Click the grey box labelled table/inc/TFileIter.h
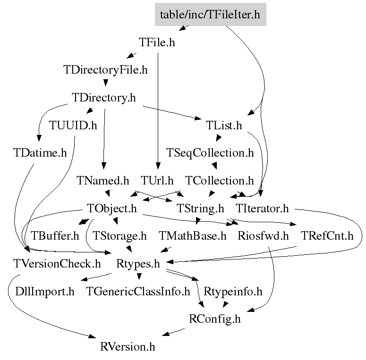(x=211, y=14)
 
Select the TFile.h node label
(x=157, y=42)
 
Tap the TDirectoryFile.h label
(x=105, y=70)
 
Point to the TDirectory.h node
(x=103, y=98)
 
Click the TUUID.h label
(x=73, y=125)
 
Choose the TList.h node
(x=224, y=125)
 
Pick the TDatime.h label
(x=40, y=153)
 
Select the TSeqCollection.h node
(x=210, y=153)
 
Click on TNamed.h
(x=103, y=180)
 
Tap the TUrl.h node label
(x=157, y=180)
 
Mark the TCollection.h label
(x=220, y=180)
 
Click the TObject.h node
(x=112, y=209)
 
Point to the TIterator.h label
(x=263, y=208)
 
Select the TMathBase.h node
(x=193, y=236)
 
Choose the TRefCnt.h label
(x=327, y=236)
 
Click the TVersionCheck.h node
(x=57, y=263)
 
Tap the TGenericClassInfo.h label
(x=138, y=291)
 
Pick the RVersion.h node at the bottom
(x=128, y=346)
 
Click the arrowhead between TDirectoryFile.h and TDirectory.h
(x=105, y=83)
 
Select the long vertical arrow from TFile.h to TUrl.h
(x=158, y=111)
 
